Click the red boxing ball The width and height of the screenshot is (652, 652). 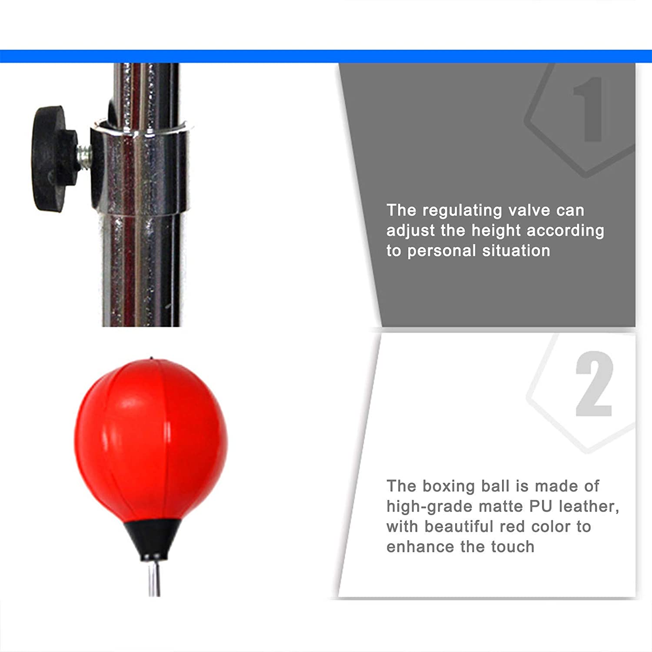(x=151, y=439)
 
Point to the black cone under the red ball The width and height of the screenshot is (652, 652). (x=153, y=539)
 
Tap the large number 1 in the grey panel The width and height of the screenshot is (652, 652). (x=588, y=109)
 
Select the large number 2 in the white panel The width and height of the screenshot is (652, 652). (x=594, y=384)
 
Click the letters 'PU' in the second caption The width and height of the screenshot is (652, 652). (x=541, y=506)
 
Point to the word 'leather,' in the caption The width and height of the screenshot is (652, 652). (x=589, y=506)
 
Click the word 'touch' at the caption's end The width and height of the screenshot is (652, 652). (x=512, y=547)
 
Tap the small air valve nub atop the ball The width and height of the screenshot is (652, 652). (x=151, y=359)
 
